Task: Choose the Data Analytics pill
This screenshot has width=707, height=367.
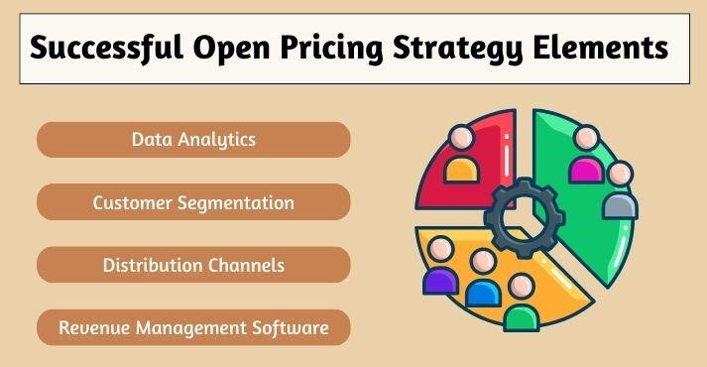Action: pos(193,140)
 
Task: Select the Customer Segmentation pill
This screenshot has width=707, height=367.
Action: pos(193,202)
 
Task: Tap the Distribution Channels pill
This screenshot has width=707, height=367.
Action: pos(193,265)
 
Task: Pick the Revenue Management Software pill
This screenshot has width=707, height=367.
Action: pos(193,326)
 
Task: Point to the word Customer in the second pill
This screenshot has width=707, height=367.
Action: pos(131,202)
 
